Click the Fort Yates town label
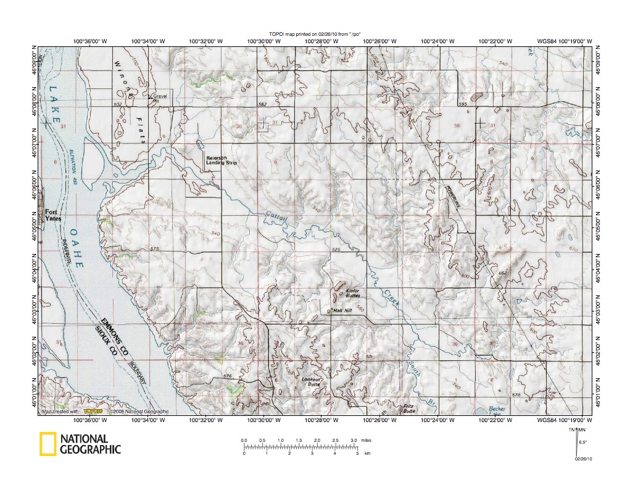(52, 214)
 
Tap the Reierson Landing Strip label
(221, 160)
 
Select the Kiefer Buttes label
(352, 292)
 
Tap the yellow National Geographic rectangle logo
(48, 444)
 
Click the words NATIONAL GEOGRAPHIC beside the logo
(90, 444)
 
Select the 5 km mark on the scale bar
(357, 454)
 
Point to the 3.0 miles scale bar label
(354, 439)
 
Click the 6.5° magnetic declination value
(582, 442)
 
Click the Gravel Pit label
(160, 98)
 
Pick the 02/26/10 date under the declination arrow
(583, 459)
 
